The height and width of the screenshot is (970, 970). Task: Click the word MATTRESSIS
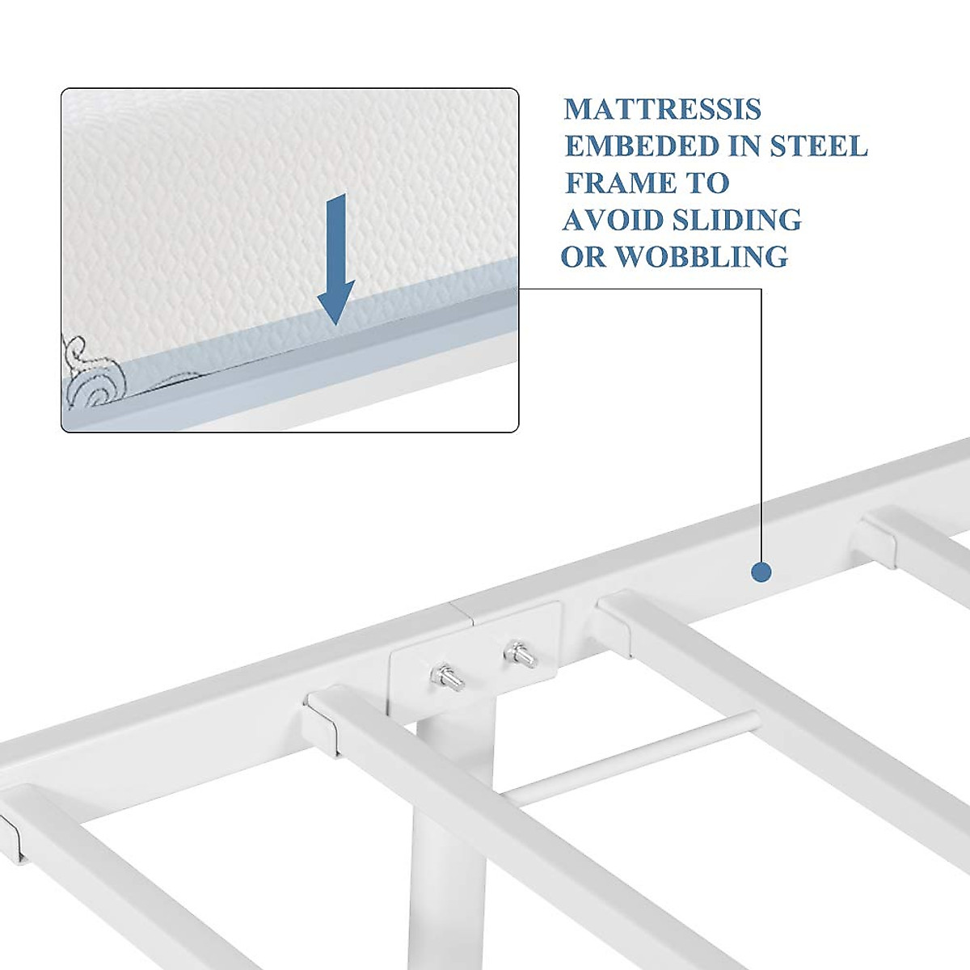tap(663, 109)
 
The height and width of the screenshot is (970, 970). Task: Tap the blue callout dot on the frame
tap(761, 572)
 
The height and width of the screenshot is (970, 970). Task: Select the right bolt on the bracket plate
tap(518, 653)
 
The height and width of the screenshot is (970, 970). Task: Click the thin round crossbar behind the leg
tap(630, 760)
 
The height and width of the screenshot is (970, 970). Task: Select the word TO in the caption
tap(707, 183)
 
